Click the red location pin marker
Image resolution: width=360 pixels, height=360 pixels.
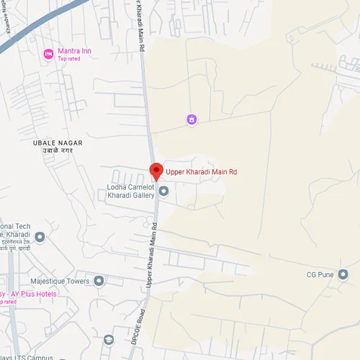(x=156, y=171)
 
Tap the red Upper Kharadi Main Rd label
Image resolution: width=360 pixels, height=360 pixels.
(x=202, y=172)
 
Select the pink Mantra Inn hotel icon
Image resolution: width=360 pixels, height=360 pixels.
(x=48, y=53)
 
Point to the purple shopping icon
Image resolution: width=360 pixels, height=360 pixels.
(x=192, y=120)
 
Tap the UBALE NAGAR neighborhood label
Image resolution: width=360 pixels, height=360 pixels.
(x=58, y=143)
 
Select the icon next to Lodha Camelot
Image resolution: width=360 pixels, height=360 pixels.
(x=163, y=191)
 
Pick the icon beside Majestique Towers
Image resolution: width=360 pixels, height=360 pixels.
(x=99, y=281)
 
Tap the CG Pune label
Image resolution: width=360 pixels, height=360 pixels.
(x=322, y=274)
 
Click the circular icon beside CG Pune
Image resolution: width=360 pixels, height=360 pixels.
(x=343, y=274)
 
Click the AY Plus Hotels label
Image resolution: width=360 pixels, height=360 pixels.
(x=32, y=294)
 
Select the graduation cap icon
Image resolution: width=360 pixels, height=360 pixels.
(x=108, y=339)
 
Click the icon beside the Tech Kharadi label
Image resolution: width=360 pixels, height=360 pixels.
(x=40, y=236)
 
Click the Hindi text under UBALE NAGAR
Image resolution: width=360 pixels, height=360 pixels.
(x=58, y=152)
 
